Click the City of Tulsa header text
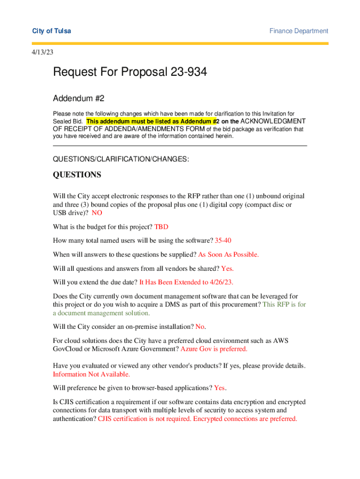[x=51, y=31]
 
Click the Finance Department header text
[x=299, y=31]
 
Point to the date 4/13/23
[x=42, y=52]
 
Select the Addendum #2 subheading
[x=79, y=98]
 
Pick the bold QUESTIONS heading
[x=77, y=174]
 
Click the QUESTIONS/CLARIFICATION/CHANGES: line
[x=121, y=160]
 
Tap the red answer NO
[x=97, y=213]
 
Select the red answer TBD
[x=161, y=227]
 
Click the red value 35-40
[x=223, y=240]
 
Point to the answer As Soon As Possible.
[x=229, y=254]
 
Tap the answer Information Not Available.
[x=92, y=374]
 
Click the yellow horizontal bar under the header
[x=180, y=44]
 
